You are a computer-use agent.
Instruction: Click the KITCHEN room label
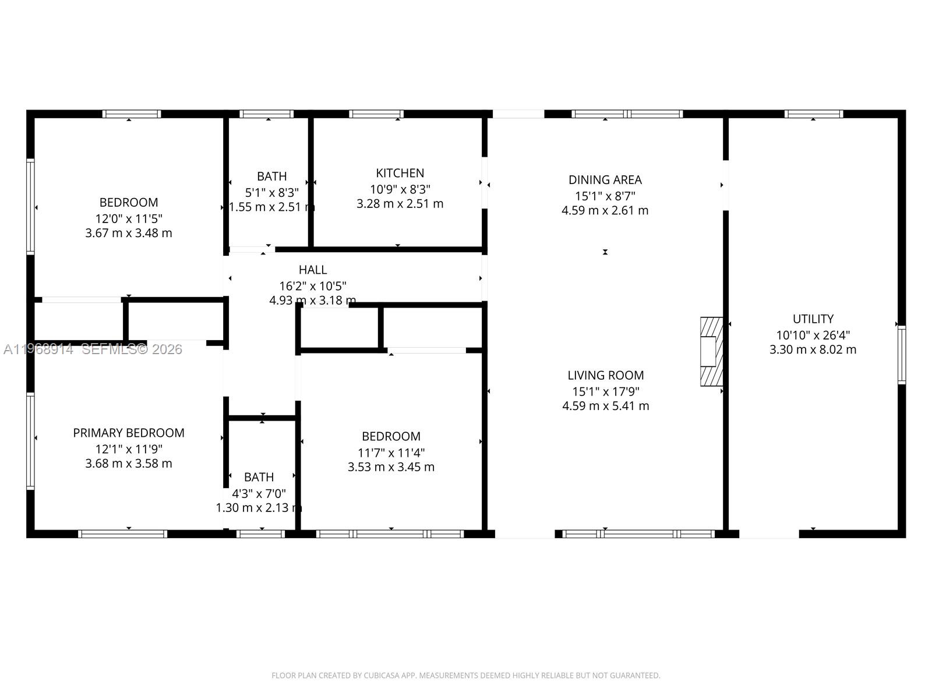(x=400, y=173)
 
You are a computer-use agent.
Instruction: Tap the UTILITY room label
(x=813, y=319)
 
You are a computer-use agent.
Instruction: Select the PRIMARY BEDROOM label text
(x=129, y=433)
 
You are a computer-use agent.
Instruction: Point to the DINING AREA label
(x=605, y=180)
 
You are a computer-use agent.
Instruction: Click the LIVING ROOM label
(x=605, y=376)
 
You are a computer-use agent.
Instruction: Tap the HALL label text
(x=313, y=270)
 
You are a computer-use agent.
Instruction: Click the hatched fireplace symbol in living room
(x=711, y=351)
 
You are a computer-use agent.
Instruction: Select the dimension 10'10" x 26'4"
(x=813, y=335)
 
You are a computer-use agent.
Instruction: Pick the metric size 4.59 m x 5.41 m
(x=605, y=406)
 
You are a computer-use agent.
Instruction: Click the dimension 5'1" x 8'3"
(x=271, y=192)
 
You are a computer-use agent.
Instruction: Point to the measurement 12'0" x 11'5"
(x=129, y=218)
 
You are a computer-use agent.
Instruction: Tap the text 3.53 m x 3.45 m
(x=391, y=467)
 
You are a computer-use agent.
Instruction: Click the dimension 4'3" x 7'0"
(x=259, y=493)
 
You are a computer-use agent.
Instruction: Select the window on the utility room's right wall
(x=901, y=354)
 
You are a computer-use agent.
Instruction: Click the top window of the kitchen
(x=376, y=114)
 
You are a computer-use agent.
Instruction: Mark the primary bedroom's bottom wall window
(x=123, y=534)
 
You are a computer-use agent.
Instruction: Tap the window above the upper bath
(x=266, y=114)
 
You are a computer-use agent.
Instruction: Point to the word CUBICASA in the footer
(x=382, y=676)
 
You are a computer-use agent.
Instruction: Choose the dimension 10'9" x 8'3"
(x=400, y=189)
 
